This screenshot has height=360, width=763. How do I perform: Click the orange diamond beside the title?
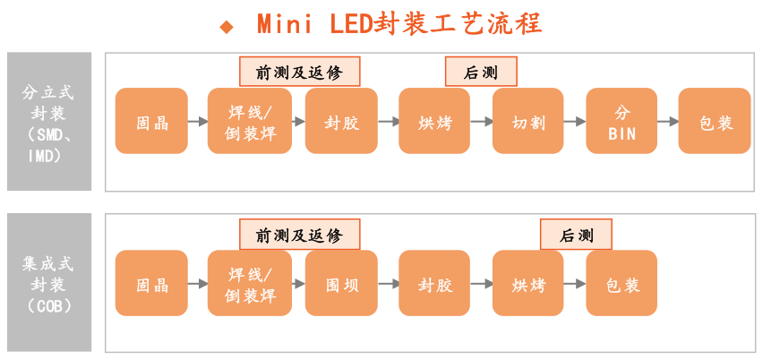(x=227, y=26)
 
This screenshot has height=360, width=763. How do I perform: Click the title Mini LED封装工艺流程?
(x=399, y=24)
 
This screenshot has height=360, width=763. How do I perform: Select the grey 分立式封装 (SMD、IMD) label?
(x=49, y=122)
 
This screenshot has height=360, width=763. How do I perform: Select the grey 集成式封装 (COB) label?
(x=49, y=284)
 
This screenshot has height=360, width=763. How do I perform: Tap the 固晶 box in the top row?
(x=151, y=122)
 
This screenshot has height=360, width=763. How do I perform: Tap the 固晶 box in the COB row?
(x=151, y=284)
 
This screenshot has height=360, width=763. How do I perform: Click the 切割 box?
(x=527, y=122)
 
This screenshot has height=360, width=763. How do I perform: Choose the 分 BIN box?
(x=622, y=122)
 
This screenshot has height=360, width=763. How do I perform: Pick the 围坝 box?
(x=341, y=284)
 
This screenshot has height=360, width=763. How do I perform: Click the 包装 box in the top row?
(x=715, y=122)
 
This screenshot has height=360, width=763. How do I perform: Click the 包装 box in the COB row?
(x=622, y=284)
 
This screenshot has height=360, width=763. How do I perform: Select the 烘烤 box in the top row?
(x=434, y=122)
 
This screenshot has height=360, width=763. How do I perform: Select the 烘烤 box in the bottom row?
(x=527, y=284)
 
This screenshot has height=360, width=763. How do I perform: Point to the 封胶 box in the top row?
(x=341, y=122)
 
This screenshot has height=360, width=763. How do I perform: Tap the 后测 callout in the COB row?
(x=577, y=236)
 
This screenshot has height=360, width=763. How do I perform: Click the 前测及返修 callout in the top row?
(x=299, y=73)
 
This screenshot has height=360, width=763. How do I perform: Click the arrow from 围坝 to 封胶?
(x=388, y=284)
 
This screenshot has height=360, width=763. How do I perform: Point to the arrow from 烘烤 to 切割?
(x=481, y=122)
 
